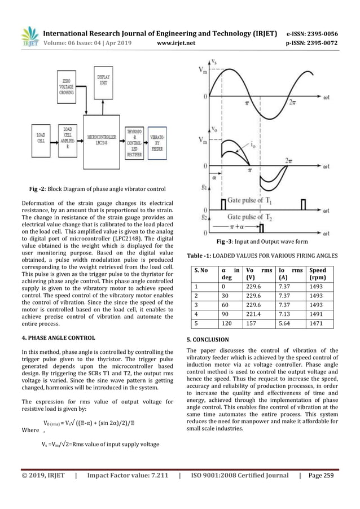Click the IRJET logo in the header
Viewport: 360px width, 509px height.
(x=29, y=37)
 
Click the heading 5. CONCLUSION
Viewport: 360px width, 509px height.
(x=208, y=340)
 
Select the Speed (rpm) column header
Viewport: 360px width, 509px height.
(x=321, y=274)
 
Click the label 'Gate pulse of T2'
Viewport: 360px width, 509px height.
(x=253, y=217)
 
